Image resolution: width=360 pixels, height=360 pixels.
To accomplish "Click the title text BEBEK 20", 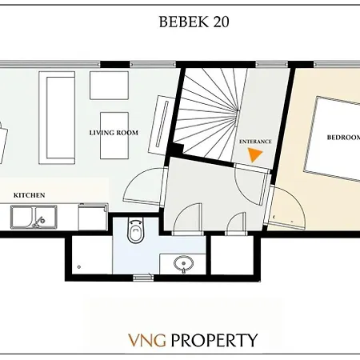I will (194, 22).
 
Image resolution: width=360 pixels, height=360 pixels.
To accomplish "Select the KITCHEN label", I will (29, 194).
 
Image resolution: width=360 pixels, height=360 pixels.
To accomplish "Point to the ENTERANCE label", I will (255, 142).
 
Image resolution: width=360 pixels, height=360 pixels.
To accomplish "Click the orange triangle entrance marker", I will (255, 155).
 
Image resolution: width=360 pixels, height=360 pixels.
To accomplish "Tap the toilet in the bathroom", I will (136, 234).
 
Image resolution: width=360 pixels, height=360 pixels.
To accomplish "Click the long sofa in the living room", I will (58, 118).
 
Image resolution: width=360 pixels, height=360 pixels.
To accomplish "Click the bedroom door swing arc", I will (285, 204).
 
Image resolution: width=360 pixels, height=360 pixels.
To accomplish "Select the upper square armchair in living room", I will (109, 85).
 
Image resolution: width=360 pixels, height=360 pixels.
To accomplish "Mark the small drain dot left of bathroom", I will (78, 265).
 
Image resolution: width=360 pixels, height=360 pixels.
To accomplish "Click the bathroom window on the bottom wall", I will (144, 277).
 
